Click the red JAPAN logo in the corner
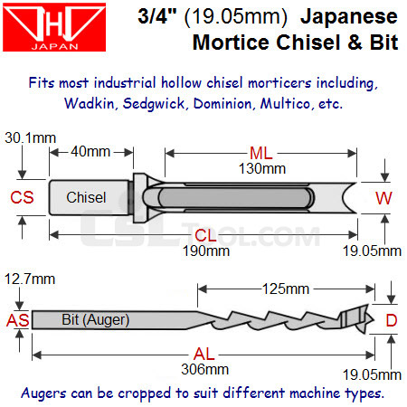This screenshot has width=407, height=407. (x=54, y=27)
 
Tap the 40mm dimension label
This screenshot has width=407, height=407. (x=90, y=151)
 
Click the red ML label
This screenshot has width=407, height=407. (x=261, y=153)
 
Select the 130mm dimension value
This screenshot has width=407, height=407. (x=262, y=168)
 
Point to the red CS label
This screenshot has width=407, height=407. (x=22, y=197)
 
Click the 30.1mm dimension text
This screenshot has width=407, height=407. (x=31, y=137)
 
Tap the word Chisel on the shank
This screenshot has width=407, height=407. (x=86, y=197)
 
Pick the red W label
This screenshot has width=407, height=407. (x=383, y=198)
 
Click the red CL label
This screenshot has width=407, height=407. (x=205, y=235)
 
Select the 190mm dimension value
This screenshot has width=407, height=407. (x=206, y=251)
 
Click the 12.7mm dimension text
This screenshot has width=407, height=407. (x=30, y=279)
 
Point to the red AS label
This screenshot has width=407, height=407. (x=18, y=320)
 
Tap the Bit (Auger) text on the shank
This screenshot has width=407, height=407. (x=96, y=320)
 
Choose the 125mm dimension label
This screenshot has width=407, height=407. (x=286, y=289)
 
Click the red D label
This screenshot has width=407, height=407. (x=392, y=320)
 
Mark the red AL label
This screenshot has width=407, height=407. (x=204, y=354)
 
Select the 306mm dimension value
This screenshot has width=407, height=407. (x=205, y=369)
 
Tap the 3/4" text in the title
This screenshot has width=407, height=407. (x=157, y=15)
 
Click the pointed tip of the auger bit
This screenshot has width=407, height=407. (x=374, y=320)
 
